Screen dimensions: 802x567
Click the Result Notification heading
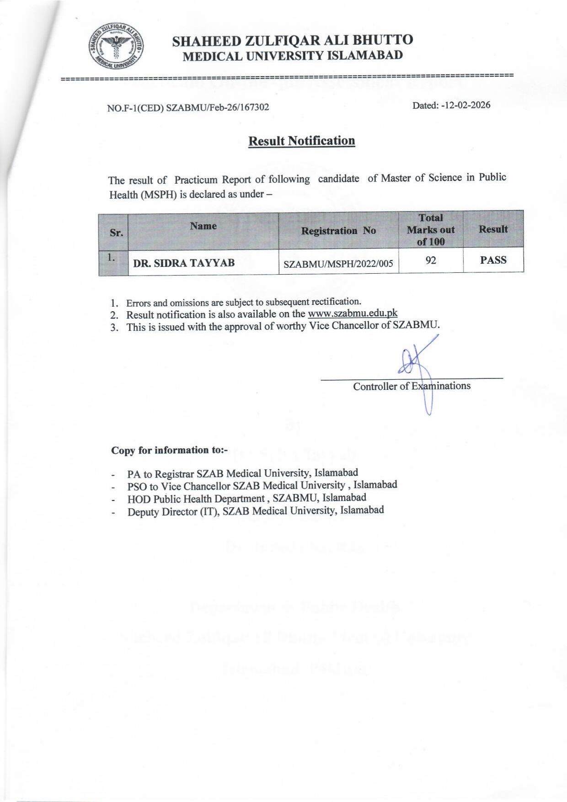[301, 141]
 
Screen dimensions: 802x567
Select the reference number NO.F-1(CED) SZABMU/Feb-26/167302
[188, 108]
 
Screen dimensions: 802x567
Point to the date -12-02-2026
[451, 105]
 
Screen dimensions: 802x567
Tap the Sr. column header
[116, 233]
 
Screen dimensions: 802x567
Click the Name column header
[203, 226]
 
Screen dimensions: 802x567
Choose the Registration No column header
[338, 231]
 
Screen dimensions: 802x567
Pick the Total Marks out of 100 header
[431, 230]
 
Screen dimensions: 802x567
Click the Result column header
[493, 229]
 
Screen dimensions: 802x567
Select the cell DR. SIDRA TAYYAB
[184, 263]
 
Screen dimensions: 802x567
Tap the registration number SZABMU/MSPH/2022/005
[338, 264]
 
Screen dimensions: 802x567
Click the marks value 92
[431, 260]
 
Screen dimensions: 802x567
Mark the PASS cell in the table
[493, 260]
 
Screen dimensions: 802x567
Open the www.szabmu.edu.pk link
[353, 313]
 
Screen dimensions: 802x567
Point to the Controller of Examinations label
[412, 386]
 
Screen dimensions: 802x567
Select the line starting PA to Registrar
[242, 473]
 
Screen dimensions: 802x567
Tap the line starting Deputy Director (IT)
[255, 511]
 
